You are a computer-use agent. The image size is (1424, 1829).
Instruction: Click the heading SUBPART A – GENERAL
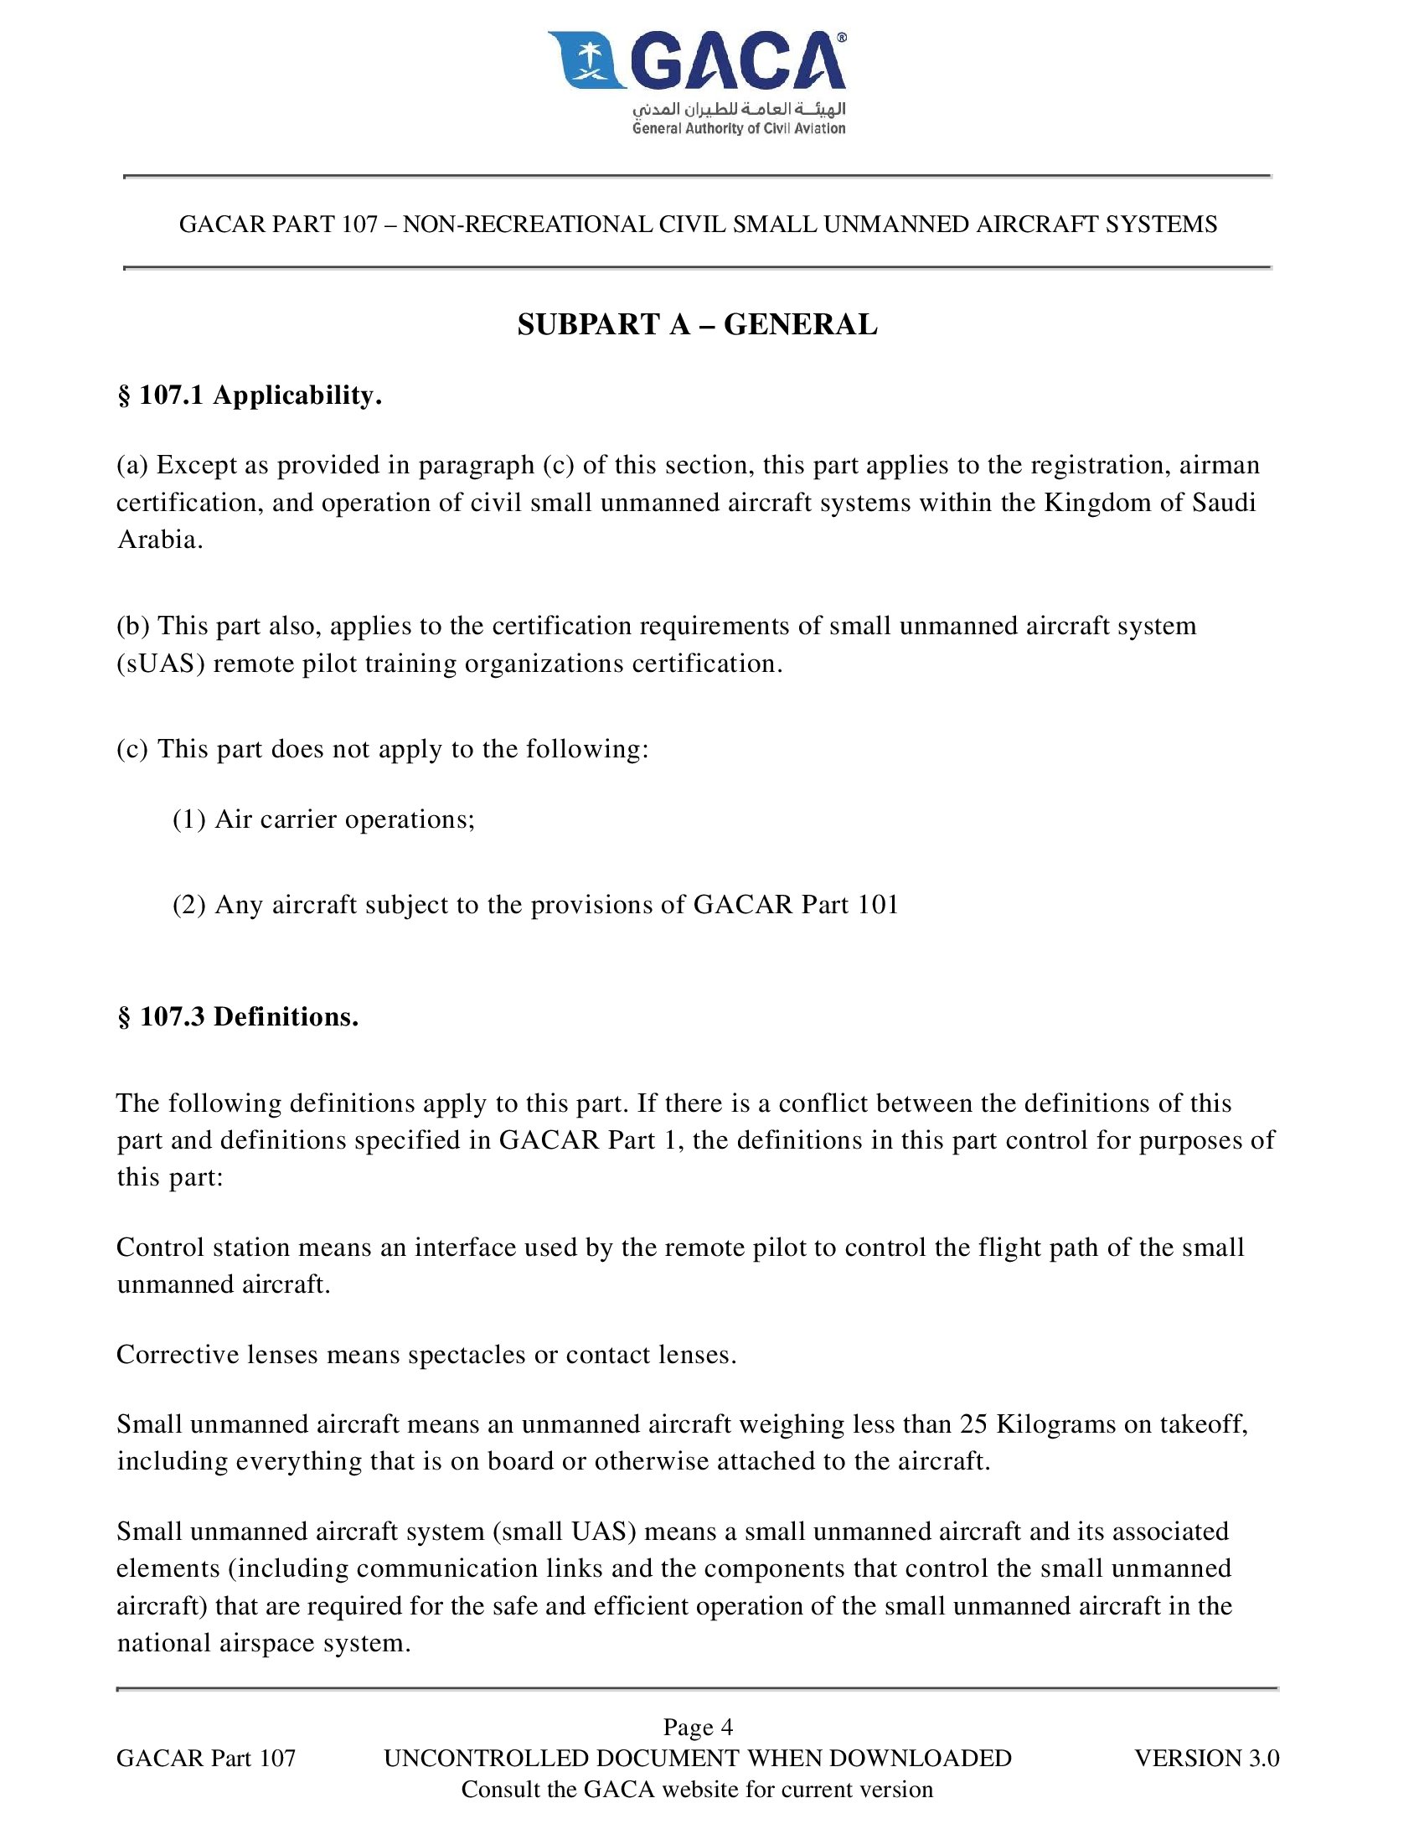pos(697,325)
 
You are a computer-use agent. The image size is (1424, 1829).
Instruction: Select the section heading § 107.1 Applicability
pos(250,395)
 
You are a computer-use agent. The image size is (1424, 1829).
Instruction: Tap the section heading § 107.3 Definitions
pos(238,1017)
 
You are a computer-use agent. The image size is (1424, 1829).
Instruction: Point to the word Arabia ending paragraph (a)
pos(159,540)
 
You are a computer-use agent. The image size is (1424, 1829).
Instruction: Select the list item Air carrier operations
pos(344,819)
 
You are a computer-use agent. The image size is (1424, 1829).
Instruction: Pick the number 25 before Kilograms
pos(974,1424)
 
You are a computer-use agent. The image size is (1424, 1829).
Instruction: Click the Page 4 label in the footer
pos(698,1727)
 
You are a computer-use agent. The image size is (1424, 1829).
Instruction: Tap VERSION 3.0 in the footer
pos(1207,1758)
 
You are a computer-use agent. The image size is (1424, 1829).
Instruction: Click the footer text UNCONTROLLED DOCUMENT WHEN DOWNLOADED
pos(698,1758)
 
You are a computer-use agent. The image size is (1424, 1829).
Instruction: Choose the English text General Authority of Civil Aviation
pos(739,128)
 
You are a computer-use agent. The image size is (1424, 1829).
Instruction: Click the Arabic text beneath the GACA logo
pos(739,109)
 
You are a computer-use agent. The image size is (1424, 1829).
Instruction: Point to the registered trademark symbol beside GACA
pos(842,38)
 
